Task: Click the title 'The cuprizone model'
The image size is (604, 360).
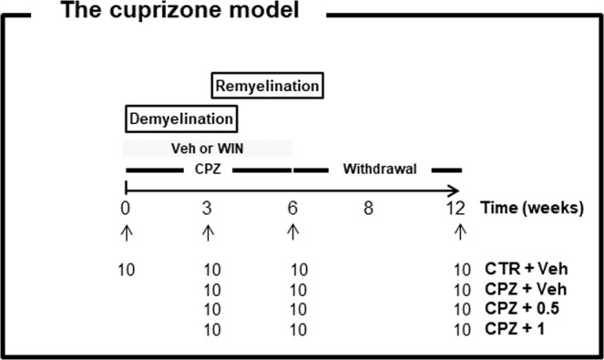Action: pyautogui.click(x=180, y=14)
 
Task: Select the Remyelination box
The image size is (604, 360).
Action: pyautogui.click(x=269, y=87)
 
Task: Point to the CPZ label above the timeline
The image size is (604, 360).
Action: pyautogui.click(x=207, y=169)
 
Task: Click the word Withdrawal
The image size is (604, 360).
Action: pyautogui.click(x=377, y=169)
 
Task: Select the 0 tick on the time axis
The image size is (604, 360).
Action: pyautogui.click(x=126, y=208)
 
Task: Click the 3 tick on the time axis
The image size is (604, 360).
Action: pyautogui.click(x=208, y=208)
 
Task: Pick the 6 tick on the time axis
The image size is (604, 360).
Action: pyautogui.click(x=292, y=208)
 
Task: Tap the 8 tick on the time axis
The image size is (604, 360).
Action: pyautogui.click(x=368, y=208)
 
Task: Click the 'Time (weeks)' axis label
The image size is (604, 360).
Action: pyautogui.click(x=532, y=208)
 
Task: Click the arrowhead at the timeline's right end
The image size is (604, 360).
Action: pyautogui.click(x=455, y=190)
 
